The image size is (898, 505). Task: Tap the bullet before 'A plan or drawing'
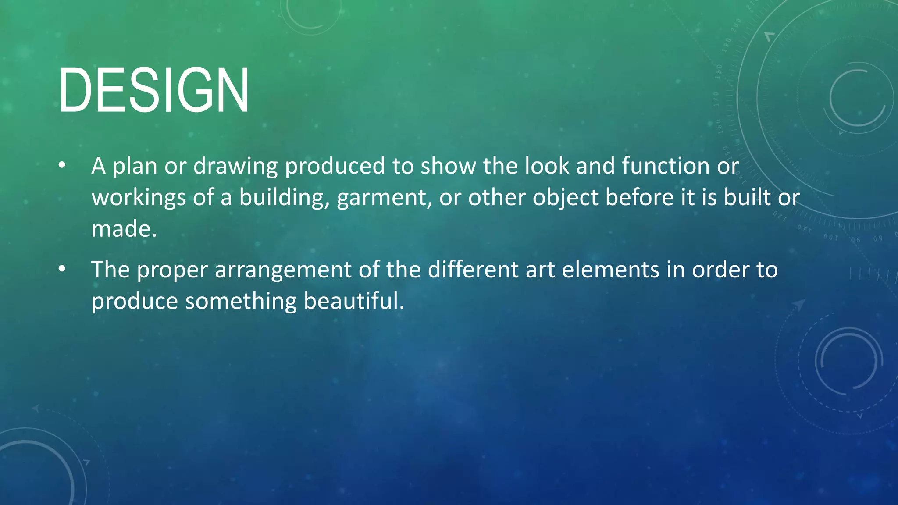62,166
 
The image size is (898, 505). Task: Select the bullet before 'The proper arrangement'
62,269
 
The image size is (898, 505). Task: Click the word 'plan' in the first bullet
135,167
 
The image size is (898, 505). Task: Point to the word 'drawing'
235,167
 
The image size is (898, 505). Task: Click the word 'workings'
139,198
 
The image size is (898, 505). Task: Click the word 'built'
747,197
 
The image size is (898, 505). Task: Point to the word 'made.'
124,229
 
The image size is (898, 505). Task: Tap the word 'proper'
172,270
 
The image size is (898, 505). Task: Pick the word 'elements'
610,269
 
